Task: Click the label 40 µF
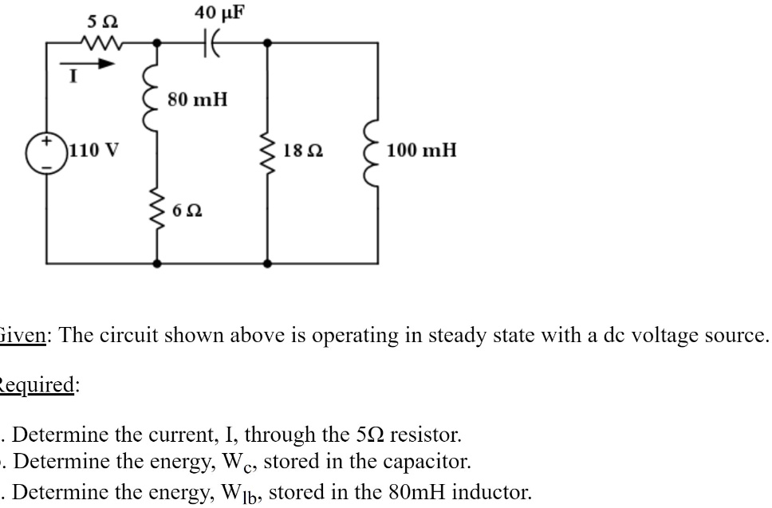pyautogui.click(x=219, y=11)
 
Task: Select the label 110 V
pyautogui.click(x=94, y=149)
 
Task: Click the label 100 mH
pyautogui.click(x=422, y=149)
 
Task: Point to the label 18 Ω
pyautogui.click(x=303, y=149)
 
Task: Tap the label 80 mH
pyautogui.click(x=198, y=100)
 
